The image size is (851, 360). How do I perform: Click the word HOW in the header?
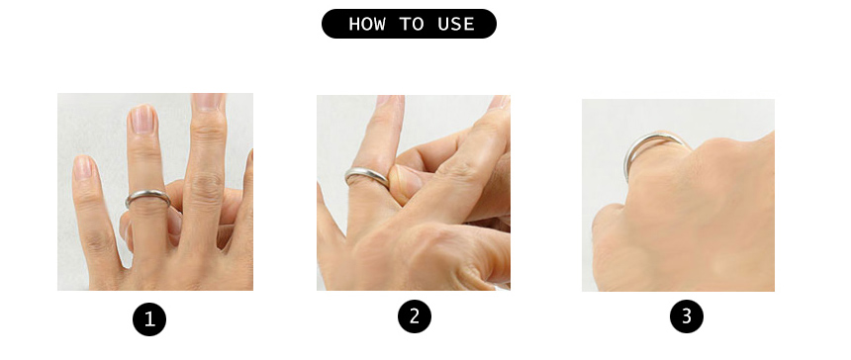pyautogui.click(x=369, y=24)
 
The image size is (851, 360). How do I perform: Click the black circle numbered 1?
pyautogui.click(x=149, y=319)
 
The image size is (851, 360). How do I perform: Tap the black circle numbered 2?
pyautogui.click(x=414, y=316)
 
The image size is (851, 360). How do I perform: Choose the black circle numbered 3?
pyautogui.click(x=687, y=316)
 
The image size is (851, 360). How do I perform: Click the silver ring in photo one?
pyautogui.click(x=147, y=194)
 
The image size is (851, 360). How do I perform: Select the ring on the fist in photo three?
pyautogui.click(x=648, y=138)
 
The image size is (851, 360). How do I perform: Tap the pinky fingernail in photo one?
pyautogui.click(x=82, y=167)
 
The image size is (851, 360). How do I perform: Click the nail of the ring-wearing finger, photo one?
pyautogui.click(x=143, y=119)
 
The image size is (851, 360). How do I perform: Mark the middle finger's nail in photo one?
pyautogui.click(x=209, y=102)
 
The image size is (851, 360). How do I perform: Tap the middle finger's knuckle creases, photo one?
pyautogui.click(x=206, y=185)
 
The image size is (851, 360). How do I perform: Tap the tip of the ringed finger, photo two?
pyautogui.click(x=390, y=99)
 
